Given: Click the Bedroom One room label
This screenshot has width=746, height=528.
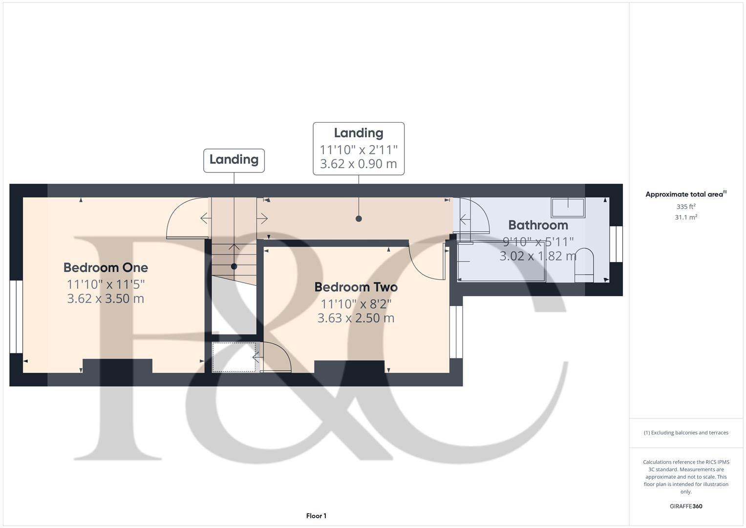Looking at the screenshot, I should pyautogui.click(x=106, y=267).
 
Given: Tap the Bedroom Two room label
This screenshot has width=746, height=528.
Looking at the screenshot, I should pyautogui.click(x=356, y=287).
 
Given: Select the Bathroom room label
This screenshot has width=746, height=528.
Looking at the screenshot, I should pyautogui.click(x=538, y=225).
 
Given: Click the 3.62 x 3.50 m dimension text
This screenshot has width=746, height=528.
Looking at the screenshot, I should pyautogui.click(x=106, y=299).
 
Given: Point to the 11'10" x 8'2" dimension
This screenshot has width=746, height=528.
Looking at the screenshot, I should pyautogui.click(x=356, y=304).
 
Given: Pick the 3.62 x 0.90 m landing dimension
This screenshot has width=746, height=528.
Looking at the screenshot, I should pyautogui.click(x=358, y=164).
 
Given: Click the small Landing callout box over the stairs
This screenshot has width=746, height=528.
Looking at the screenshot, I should pyautogui.click(x=234, y=160).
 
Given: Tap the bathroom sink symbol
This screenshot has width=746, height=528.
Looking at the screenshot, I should pyautogui.click(x=568, y=208).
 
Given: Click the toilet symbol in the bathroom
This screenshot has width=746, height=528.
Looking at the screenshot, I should pyautogui.click(x=584, y=265).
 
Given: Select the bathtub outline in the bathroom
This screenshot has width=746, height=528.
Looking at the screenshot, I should pyautogui.click(x=502, y=262).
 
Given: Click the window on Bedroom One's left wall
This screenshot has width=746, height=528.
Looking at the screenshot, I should pyautogui.click(x=16, y=316).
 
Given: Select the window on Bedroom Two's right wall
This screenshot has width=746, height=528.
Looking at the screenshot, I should pyautogui.click(x=456, y=332).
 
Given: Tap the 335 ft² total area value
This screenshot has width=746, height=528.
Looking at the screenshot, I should pyautogui.click(x=685, y=207).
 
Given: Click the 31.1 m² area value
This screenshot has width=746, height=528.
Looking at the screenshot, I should pyautogui.click(x=685, y=218).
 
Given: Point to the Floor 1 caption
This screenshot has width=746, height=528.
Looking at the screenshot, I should pyautogui.click(x=316, y=516).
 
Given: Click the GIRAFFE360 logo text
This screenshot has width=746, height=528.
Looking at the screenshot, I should pyautogui.click(x=685, y=506).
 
